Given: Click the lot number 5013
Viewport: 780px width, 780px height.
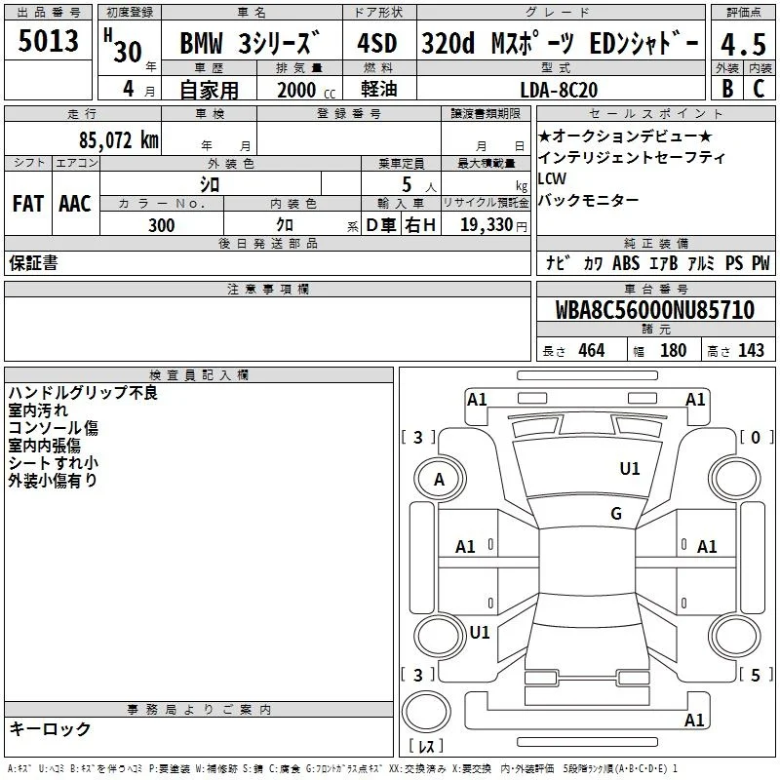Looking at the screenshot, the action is pos(48,41).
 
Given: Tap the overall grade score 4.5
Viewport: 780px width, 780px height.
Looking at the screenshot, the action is pos(743,44).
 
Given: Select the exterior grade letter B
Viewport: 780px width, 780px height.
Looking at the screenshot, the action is pos(727,89).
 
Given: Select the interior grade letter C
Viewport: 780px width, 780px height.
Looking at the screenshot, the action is pos(759,89).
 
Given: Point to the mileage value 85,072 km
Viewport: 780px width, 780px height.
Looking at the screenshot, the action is pos(118,139).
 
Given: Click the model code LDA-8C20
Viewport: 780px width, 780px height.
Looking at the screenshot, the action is pos(559,90).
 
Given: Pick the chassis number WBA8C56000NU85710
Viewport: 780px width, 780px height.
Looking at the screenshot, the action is pos(654,310).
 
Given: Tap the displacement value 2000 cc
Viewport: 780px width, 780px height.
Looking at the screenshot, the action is pos(306,90).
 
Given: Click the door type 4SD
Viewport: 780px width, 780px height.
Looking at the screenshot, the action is pos(377,43).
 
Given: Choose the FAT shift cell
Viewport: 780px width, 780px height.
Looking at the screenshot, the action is pos(28,204).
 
